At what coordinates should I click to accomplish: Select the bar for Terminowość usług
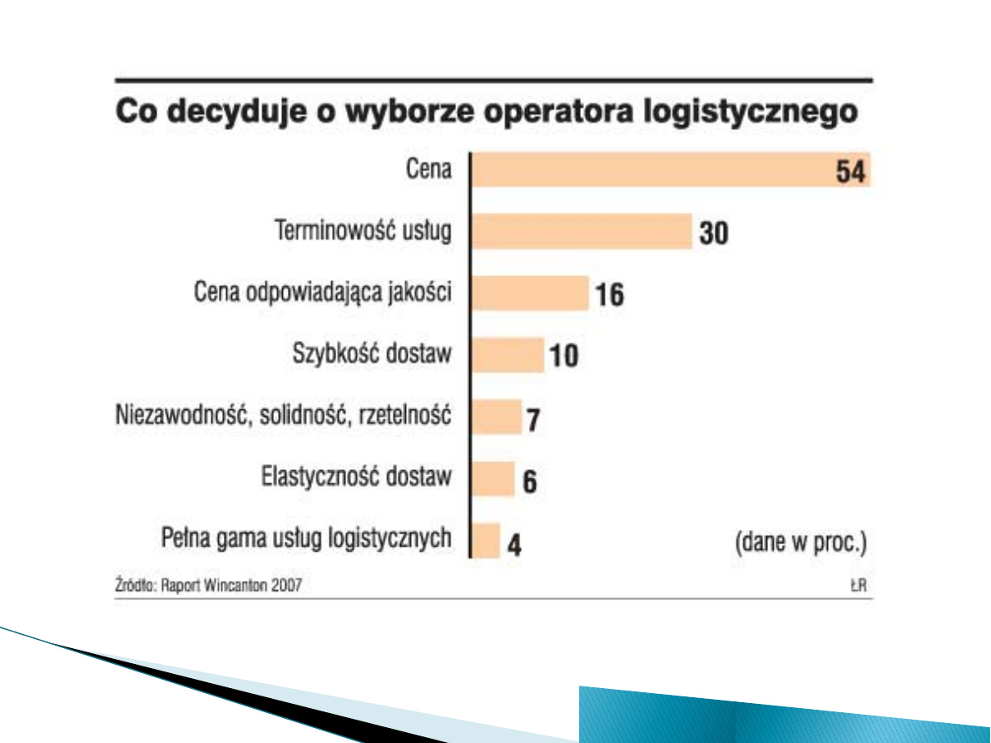pos(582,230)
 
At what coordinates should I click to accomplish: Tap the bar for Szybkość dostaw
pos(508,354)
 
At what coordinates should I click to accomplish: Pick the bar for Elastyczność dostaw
pos(493,478)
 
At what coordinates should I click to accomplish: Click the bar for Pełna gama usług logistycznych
pos(486,541)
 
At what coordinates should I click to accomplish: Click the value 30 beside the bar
pos(713,234)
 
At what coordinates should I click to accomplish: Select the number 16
pos(609,295)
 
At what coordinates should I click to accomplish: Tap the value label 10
pos(562,357)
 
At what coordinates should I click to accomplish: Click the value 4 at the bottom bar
pos(514,546)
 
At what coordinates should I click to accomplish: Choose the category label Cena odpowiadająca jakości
pos(323,293)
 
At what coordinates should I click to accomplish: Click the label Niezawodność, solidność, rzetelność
pos(283,415)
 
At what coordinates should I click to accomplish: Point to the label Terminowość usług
pos(364,230)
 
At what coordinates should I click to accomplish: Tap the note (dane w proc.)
pos(800,543)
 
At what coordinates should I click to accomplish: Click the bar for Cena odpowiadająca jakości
pos(530,293)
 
